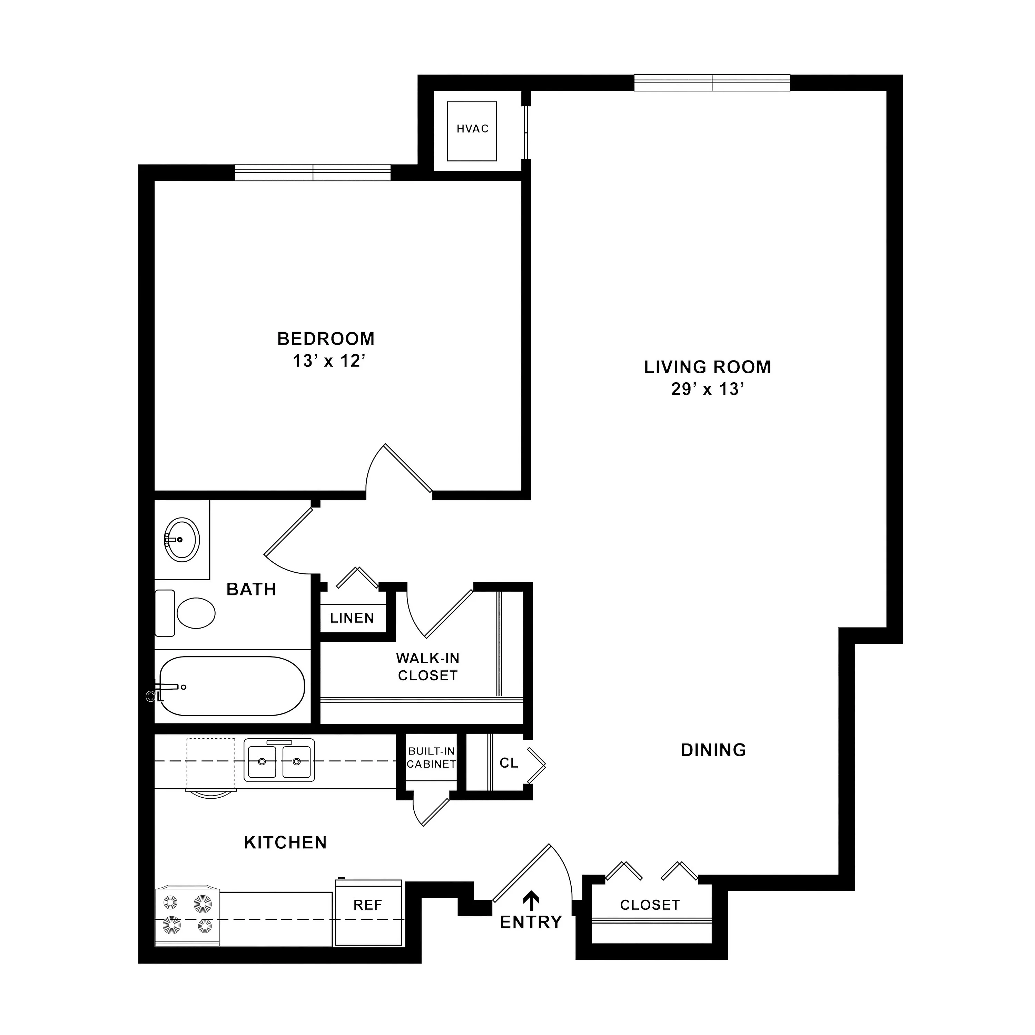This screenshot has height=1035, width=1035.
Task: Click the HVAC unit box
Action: (472, 131)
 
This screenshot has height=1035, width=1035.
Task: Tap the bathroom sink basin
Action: (181, 540)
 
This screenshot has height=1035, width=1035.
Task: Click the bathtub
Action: (232, 686)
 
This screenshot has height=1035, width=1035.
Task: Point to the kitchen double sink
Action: (279, 760)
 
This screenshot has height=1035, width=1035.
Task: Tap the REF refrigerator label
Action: (367, 905)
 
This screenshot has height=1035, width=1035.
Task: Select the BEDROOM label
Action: (326, 338)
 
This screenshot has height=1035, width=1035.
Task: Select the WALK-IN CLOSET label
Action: (427, 667)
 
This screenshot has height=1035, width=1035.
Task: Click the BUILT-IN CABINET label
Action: (431, 758)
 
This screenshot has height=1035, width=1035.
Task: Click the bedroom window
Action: (313, 172)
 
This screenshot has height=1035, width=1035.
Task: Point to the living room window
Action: (712, 83)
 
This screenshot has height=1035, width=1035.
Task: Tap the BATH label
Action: (251, 589)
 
